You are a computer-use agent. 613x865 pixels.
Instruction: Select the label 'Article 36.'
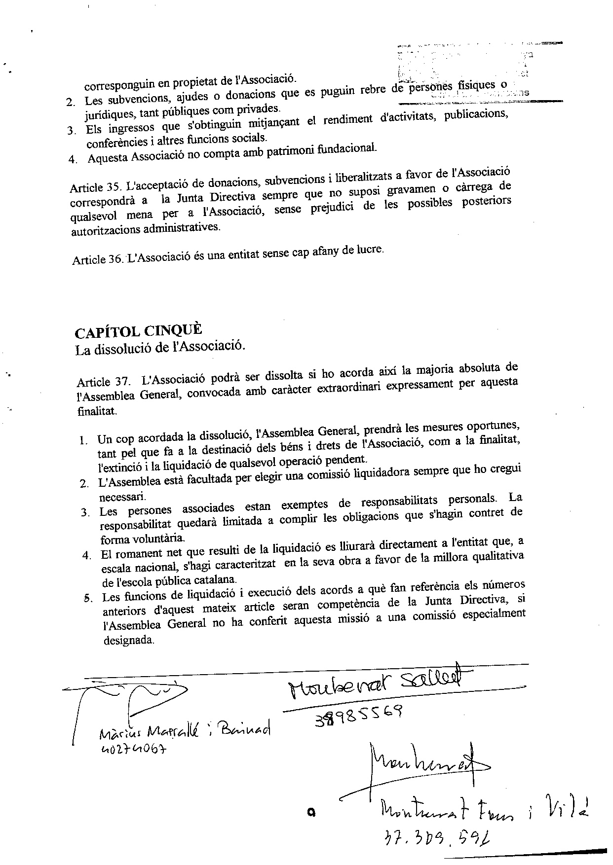tap(97, 259)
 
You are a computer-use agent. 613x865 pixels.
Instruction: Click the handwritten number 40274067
tap(133, 749)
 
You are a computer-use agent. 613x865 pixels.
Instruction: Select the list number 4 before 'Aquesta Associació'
tap(73, 160)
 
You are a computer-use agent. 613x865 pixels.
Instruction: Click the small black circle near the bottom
tap(311, 811)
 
